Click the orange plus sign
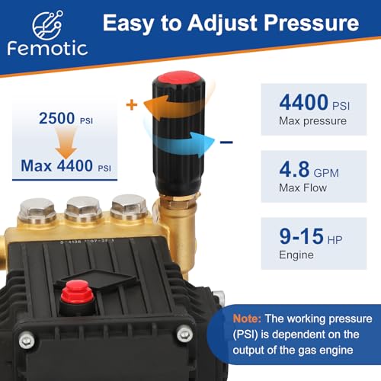click(x=131, y=105)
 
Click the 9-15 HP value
click(x=306, y=234)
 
